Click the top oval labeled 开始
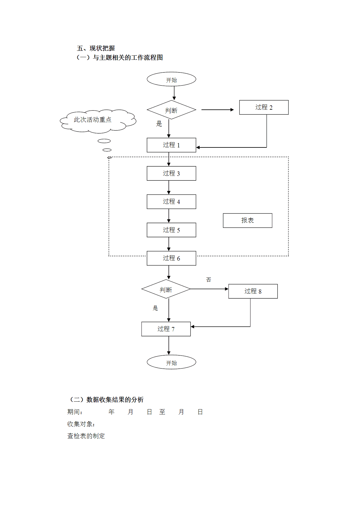(x=171, y=79)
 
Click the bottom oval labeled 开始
(x=171, y=362)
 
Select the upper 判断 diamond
(x=171, y=110)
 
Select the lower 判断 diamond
(x=166, y=289)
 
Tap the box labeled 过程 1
(x=171, y=145)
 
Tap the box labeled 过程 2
(x=264, y=107)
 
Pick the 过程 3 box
(x=171, y=174)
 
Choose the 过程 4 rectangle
(x=171, y=202)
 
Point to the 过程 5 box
(x=171, y=230)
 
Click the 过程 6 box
(x=171, y=258)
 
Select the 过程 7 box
(x=166, y=329)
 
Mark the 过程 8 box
(x=253, y=291)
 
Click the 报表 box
(x=247, y=221)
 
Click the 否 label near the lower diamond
(x=209, y=280)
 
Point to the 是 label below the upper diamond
(x=159, y=124)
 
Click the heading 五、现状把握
(x=96, y=48)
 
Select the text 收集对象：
(x=81, y=424)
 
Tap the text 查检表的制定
(x=86, y=436)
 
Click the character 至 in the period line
(x=162, y=412)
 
